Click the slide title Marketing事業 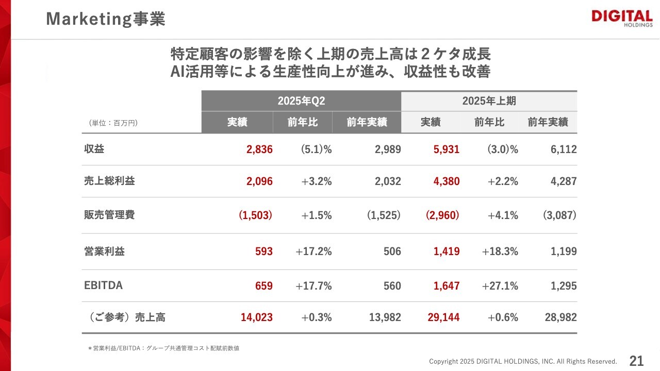(105, 19)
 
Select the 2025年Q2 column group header (301, 101)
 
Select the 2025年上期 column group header (489, 101)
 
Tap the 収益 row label (94, 149)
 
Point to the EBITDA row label (103, 285)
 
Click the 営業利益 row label (104, 251)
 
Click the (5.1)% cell (316, 149)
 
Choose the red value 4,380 (443, 181)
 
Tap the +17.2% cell (313, 251)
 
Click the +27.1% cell (500, 285)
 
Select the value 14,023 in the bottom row (256, 317)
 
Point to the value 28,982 (560, 317)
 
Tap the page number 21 (636, 360)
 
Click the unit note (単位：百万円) (113, 123)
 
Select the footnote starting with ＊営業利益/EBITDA (163, 348)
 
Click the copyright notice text (523, 361)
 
